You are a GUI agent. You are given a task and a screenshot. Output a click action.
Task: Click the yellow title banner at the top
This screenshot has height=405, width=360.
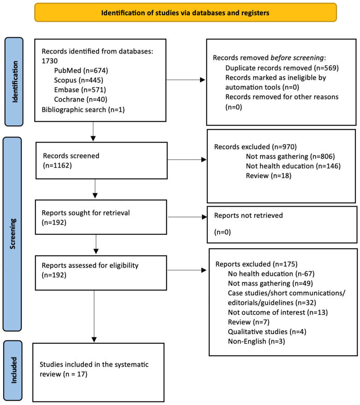click(x=185, y=12)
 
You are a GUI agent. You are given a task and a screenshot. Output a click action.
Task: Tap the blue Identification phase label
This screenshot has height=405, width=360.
click(x=14, y=82)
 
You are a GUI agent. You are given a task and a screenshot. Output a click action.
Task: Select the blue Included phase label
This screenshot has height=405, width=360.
click(x=13, y=370)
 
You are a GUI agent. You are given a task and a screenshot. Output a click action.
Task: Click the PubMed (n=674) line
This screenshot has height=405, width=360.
click(x=81, y=71)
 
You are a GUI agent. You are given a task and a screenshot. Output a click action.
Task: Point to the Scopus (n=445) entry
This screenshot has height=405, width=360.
click(x=78, y=80)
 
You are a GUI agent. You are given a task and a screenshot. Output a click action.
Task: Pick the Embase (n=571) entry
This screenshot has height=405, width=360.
click(x=80, y=90)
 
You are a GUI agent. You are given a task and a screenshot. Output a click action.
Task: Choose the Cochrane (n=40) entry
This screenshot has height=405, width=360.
click(x=81, y=100)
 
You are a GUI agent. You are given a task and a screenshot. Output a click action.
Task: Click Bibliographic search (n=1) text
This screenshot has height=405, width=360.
click(x=83, y=109)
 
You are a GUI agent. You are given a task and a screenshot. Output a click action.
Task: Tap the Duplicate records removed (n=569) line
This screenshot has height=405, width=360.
click(x=282, y=68)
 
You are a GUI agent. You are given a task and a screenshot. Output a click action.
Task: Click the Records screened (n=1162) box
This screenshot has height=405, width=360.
click(x=101, y=161)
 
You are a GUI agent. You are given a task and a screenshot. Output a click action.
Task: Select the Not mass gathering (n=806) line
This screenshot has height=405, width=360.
click(x=290, y=156)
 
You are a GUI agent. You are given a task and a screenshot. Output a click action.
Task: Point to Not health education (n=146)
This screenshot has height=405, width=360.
click(x=293, y=166)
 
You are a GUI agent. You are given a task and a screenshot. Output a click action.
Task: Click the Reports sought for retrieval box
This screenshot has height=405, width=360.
click(x=101, y=217)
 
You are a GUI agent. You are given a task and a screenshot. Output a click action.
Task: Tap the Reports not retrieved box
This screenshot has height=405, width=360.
click(x=282, y=225)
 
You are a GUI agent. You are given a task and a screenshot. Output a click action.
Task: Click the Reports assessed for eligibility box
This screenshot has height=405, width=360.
click(x=101, y=273)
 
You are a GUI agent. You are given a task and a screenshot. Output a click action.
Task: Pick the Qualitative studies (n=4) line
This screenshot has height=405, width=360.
click(x=267, y=332)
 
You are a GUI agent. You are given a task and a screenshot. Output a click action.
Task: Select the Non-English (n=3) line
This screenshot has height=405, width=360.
click(x=256, y=341)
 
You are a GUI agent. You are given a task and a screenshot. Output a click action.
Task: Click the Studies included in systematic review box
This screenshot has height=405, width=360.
click(x=98, y=372)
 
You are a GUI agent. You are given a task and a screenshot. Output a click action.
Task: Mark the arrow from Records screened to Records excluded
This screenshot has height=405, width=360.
click(x=187, y=160)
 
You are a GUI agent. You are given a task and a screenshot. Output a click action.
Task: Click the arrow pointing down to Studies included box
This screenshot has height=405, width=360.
click(x=94, y=316)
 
